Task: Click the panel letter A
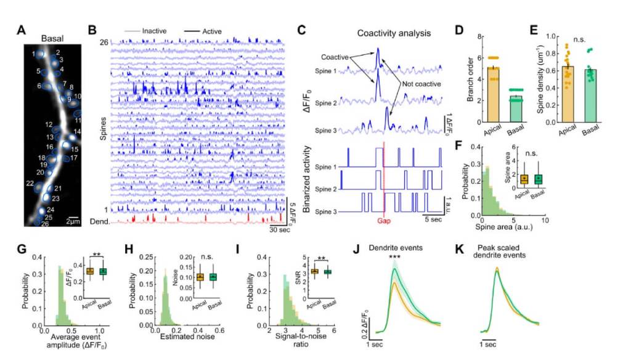pyautogui.click(x=21, y=29)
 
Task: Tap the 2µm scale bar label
pyautogui.click(x=73, y=221)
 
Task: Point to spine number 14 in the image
pyautogui.click(x=77, y=131)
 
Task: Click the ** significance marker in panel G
pyautogui.click(x=96, y=254)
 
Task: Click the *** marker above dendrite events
pyautogui.click(x=397, y=254)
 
